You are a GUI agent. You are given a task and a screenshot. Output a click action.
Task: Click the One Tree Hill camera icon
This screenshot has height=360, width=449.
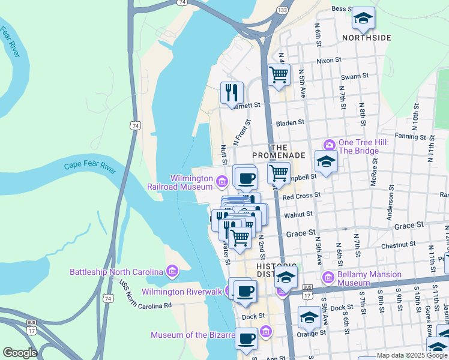(x=329, y=145)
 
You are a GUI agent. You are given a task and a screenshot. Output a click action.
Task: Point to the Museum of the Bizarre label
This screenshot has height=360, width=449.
(x=192, y=335)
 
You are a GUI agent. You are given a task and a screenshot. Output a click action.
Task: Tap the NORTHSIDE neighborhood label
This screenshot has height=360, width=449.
(x=366, y=38)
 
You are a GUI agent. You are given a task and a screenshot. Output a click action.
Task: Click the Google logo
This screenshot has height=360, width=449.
(x=20, y=353)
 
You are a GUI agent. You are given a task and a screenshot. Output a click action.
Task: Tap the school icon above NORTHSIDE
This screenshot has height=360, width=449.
(x=363, y=19)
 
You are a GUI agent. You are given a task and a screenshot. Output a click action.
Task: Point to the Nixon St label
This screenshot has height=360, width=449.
(x=329, y=61)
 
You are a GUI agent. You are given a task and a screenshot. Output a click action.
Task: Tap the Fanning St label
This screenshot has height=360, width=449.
(x=393, y=136)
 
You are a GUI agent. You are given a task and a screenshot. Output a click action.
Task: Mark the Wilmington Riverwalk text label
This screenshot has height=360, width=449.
(x=182, y=292)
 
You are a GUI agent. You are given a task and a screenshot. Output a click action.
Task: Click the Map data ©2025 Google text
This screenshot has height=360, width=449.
(x=412, y=355)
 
